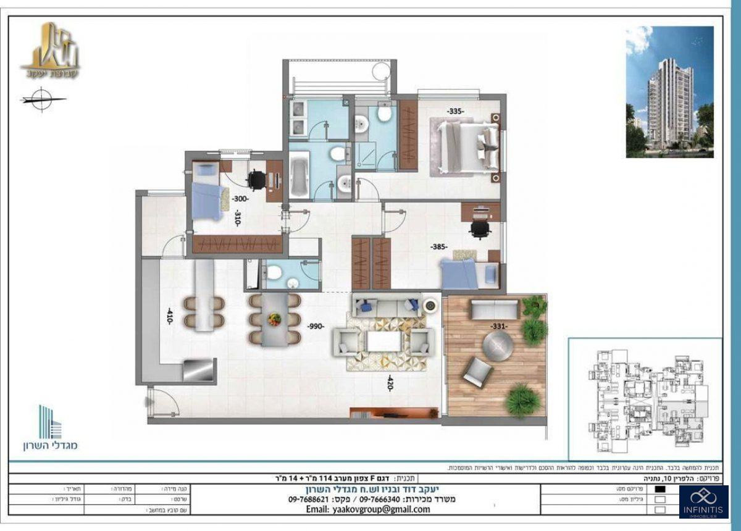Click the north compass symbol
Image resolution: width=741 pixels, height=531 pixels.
pos(43,99)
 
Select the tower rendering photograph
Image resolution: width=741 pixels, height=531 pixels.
pos(669,91)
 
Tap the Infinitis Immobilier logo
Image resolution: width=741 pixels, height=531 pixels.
pos(703,501)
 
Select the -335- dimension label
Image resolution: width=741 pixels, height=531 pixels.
pos(456,111)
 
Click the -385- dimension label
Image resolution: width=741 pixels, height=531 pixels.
pos(439,247)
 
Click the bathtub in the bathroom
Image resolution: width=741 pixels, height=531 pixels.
pos(298,175)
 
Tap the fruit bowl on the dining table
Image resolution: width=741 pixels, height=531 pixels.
pos(275,319)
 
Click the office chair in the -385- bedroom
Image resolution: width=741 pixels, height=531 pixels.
pos(479,229)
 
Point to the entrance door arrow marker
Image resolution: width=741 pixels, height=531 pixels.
pos(149,402)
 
